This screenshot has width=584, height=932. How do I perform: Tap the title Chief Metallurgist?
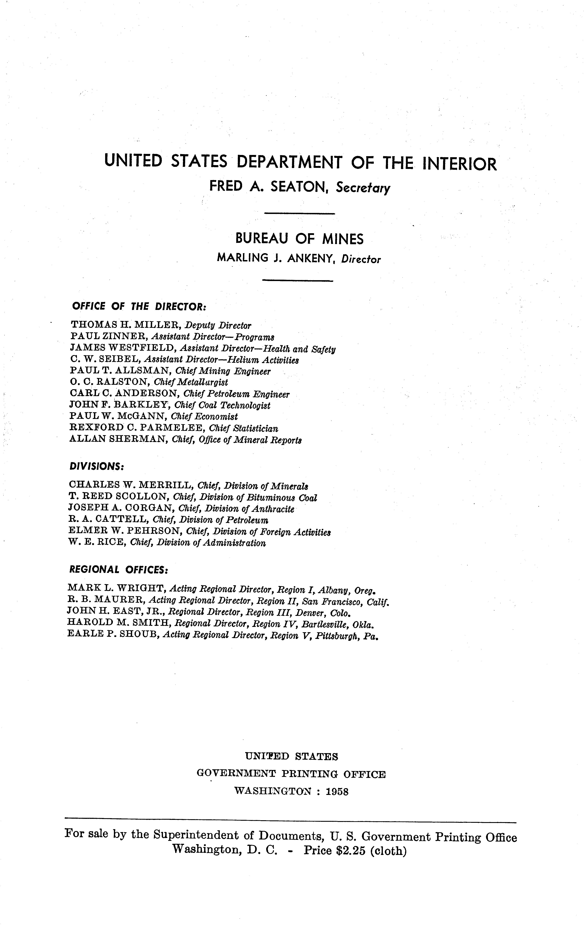click(x=190, y=382)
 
